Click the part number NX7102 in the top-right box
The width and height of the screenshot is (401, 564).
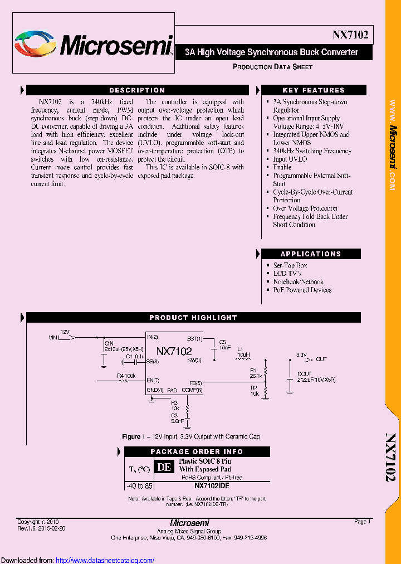350,35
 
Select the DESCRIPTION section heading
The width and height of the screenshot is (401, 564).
137,90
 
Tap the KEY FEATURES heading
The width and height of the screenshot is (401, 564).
314,90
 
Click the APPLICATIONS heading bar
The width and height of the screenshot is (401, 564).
310,254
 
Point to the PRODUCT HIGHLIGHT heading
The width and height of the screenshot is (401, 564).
193,318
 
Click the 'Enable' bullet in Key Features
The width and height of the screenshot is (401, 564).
282,167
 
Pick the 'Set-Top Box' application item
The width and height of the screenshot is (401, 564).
290,265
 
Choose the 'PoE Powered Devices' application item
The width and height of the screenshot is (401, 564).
302,290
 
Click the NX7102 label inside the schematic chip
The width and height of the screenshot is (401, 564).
174,352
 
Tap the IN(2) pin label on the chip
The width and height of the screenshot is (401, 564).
153,337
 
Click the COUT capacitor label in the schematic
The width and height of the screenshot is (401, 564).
305,373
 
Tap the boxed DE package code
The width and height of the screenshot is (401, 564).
163,467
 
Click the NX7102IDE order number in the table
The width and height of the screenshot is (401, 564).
212,486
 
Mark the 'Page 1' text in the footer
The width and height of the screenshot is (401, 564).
362,522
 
